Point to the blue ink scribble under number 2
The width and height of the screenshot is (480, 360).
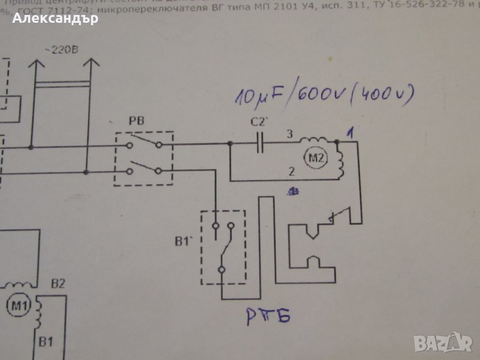coord(293,191)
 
